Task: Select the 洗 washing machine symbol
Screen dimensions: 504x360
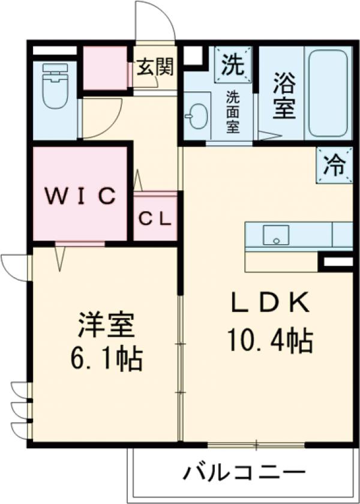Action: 232,62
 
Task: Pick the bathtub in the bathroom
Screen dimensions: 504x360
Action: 328,93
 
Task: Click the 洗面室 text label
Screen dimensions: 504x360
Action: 233,112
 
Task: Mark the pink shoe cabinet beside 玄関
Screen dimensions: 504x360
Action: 106,67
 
